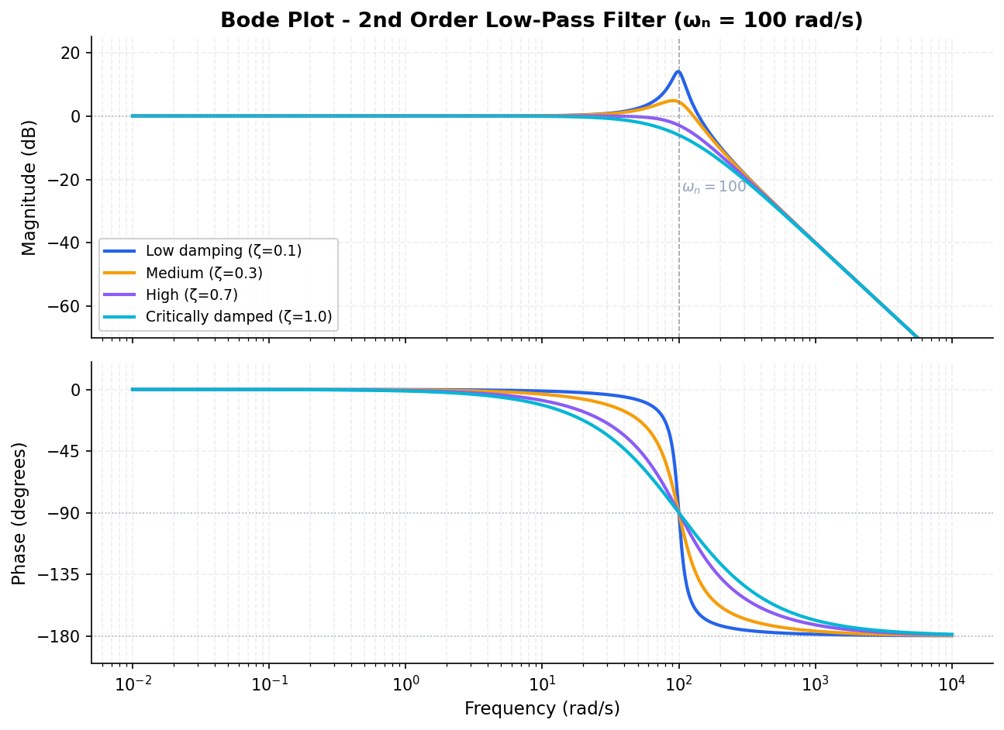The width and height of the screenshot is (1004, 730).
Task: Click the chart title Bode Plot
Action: click(541, 20)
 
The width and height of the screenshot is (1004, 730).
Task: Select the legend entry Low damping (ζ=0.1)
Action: click(223, 251)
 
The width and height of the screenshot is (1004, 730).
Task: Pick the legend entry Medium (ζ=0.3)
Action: click(204, 273)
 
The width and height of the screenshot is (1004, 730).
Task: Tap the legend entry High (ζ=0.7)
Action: click(191, 295)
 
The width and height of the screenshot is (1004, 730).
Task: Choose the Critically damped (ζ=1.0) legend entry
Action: click(239, 317)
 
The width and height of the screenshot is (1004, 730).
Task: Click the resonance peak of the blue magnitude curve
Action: click(678, 71)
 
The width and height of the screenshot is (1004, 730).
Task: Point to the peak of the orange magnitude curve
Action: click(674, 101)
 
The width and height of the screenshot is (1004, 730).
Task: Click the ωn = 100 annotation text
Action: click(714, 187)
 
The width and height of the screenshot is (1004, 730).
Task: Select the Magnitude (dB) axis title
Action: click(29, 187)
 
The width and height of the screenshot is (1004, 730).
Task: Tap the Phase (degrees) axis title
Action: click(19, 513)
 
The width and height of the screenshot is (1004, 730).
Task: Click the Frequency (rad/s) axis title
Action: click(542, 709)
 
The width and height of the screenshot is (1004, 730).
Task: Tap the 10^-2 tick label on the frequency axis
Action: click(132, 684)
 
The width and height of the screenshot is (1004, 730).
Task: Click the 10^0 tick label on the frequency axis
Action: click(405, 684)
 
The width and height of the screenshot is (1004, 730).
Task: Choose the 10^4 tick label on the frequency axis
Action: click(951, 684)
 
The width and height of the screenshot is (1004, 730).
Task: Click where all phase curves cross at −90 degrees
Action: click(679, 513)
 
